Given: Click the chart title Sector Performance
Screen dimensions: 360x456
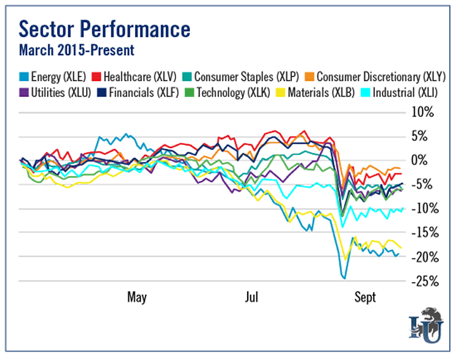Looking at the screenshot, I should pyautogui.click(x=104, y=29).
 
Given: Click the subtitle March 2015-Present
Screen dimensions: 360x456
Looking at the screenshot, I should pyautogui.click(x=76, y=49).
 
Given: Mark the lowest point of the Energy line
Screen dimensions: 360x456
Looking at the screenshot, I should pyautogui.click(x=344, y=278).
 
